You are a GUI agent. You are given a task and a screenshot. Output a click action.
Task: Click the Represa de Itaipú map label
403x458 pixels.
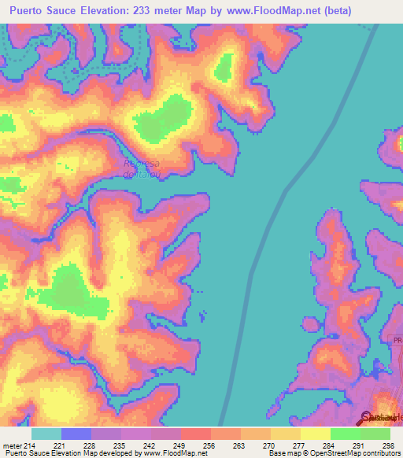click(142, 169)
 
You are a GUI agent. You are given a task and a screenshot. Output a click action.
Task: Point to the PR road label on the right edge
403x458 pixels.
click(397, 339)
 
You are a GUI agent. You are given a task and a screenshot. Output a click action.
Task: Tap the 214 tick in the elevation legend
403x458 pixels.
click(31, 446)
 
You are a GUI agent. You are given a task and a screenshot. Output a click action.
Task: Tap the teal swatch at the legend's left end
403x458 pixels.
click(46, 434)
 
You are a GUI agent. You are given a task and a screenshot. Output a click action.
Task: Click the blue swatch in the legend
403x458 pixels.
click(76, 434)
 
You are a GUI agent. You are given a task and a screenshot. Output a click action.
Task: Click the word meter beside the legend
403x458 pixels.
click(12, 446)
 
